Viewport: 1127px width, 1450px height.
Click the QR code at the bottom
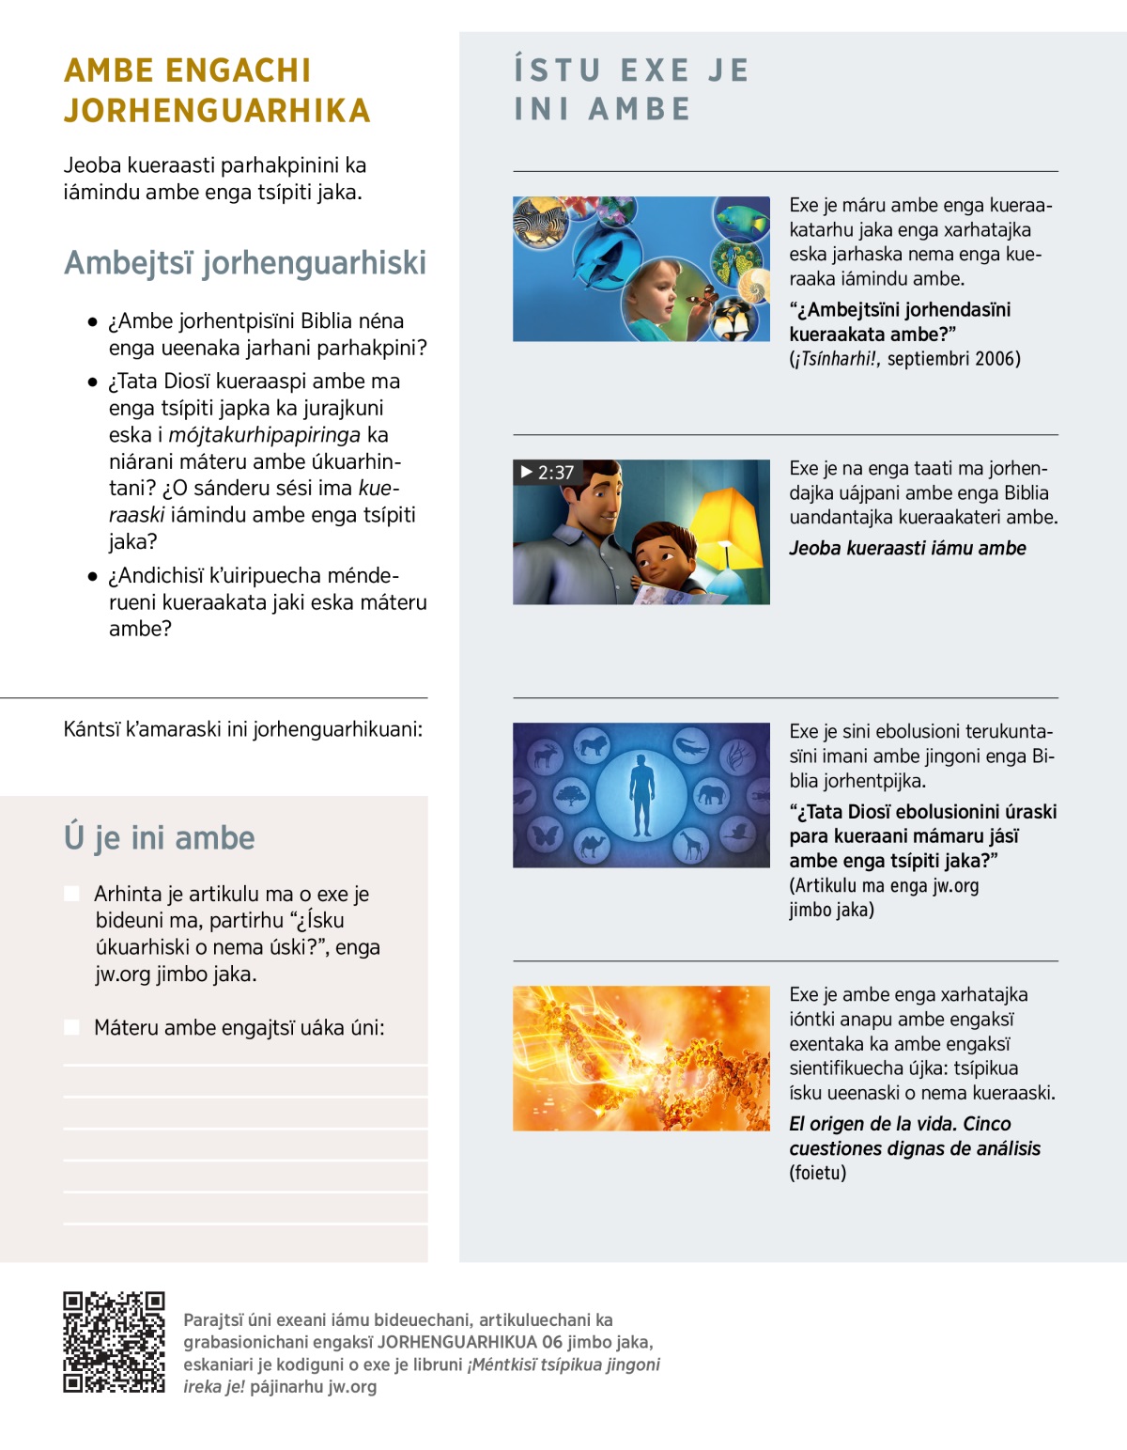114,1342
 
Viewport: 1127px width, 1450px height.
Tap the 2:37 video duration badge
547,472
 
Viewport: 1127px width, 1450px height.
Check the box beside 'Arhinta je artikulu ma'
71,893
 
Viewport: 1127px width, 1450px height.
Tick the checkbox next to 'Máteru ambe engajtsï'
71,1027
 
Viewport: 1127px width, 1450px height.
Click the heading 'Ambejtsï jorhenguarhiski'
244,262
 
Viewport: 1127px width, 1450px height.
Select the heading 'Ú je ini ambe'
159,836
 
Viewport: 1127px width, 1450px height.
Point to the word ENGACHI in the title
239,70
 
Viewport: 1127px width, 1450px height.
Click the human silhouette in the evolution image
641,795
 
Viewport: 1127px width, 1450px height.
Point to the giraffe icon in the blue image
692,845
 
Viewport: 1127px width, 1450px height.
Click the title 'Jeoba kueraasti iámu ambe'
907,548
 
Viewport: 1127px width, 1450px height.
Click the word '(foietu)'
817,1173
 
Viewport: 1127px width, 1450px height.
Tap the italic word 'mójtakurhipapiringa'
264,435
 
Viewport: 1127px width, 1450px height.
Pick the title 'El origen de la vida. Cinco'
900,1124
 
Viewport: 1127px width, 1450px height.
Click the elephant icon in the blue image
711,795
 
